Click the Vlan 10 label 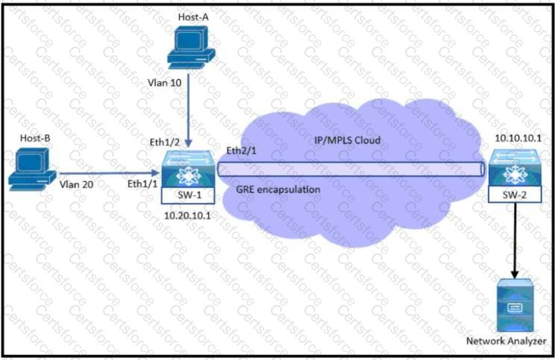(165, 81)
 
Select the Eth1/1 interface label (144, 183)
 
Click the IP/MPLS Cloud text (345, 139)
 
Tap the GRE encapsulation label (277, 189)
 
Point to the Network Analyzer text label (506, 341)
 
